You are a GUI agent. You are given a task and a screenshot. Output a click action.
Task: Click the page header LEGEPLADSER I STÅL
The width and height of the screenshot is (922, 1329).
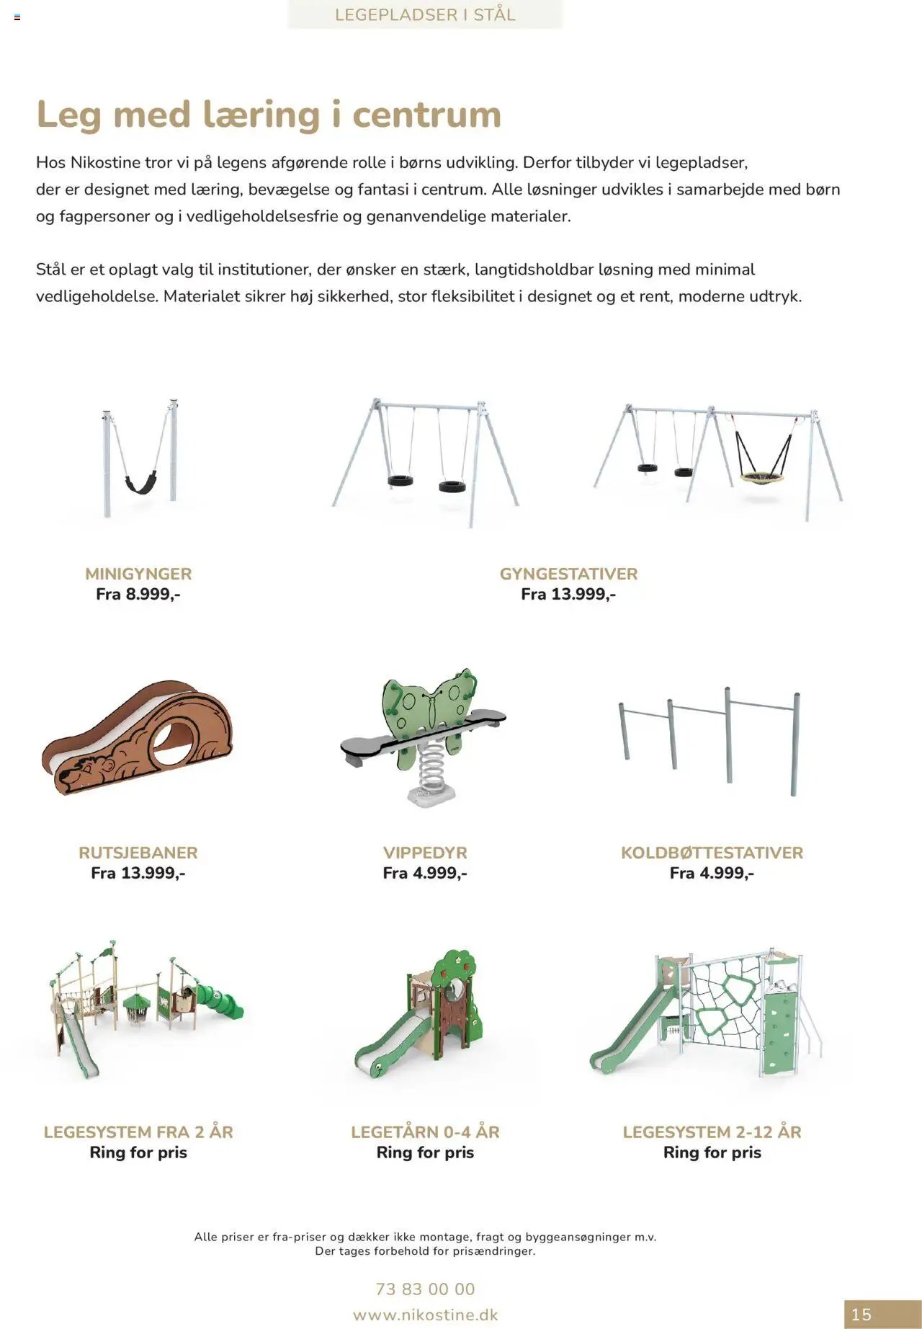coord(425,14)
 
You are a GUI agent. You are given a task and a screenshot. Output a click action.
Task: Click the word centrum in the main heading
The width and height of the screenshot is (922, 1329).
coord(426,115)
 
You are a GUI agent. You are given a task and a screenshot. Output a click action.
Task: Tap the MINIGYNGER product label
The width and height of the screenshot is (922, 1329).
coord(138,574)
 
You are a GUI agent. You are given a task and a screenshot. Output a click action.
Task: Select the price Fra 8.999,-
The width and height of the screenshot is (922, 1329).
coord(138,594)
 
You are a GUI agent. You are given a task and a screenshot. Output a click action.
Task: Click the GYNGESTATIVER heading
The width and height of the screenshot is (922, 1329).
coord(568,574)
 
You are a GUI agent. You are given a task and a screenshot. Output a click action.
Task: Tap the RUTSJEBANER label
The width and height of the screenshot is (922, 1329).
coord(138,853)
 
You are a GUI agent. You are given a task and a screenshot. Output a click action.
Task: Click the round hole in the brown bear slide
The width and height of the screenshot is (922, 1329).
coord(174,744)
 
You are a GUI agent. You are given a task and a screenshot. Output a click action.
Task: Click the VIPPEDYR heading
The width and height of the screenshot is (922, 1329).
coord(425,853)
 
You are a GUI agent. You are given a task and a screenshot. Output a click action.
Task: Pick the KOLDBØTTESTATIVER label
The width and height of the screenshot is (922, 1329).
coord(712,853)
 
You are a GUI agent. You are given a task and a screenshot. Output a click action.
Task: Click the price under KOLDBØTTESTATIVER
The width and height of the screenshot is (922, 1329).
coord(712,873)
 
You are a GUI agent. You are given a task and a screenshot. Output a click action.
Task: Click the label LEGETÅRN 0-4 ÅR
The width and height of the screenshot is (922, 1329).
coord(425,1132)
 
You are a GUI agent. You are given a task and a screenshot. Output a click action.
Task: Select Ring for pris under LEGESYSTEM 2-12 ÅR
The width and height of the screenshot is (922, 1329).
coord(712,1152)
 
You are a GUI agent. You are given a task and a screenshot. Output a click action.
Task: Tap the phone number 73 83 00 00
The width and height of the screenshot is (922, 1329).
coord(425,1289)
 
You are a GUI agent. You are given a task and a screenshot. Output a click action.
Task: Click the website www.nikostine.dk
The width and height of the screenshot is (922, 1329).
coord(425,1315)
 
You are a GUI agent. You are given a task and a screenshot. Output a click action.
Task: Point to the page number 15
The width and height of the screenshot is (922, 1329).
coord(861,1315)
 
